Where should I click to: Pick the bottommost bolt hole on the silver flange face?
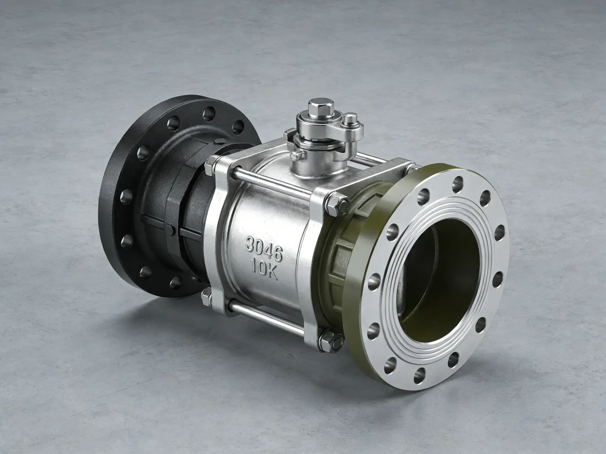[419, 376]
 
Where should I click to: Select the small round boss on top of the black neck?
[219, 142]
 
